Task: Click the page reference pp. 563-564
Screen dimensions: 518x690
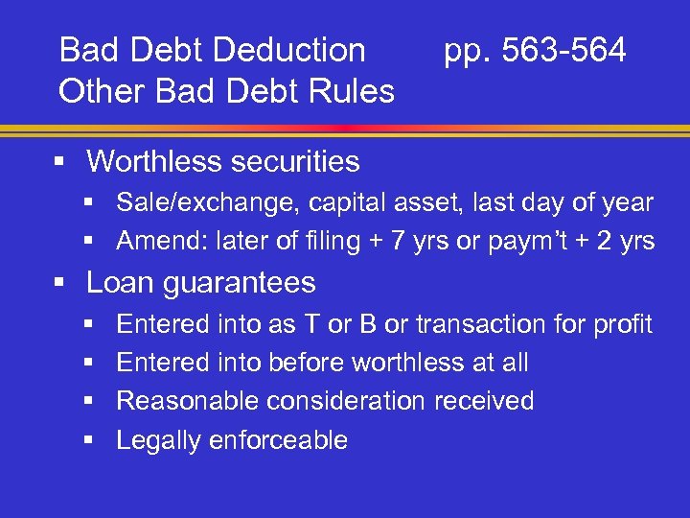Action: (535, 51)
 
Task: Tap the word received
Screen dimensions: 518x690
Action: (484, 401)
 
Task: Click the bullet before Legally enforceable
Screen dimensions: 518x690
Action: (89, 440)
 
